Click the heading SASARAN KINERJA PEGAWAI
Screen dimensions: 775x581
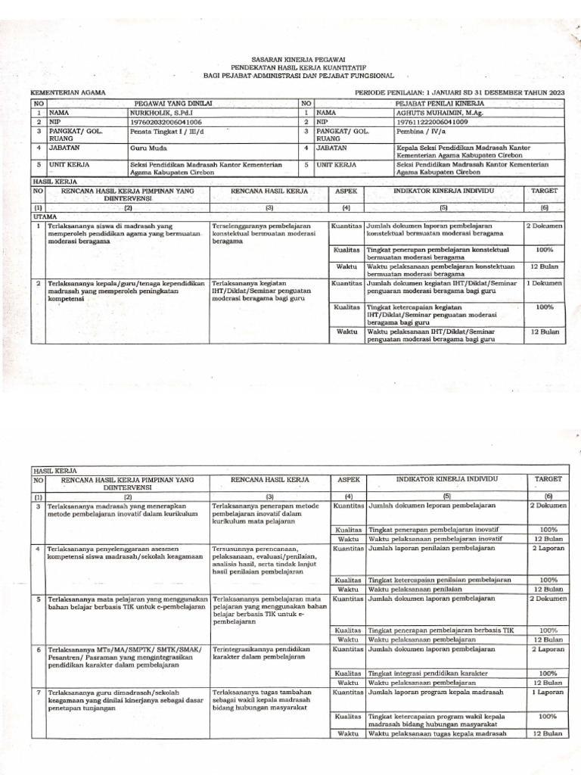point(290,58)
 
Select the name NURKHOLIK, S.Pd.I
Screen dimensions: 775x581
point(160,111)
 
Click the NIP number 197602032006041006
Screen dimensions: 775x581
point(166,120)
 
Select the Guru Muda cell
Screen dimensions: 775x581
point(149,148)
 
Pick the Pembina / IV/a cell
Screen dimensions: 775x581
point(421,130)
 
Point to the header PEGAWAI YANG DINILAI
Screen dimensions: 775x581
point(173,102)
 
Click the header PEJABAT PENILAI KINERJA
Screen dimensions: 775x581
point(439,102)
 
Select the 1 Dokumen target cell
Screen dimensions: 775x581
point(544,282)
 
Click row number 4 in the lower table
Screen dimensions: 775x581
point(38,546)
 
